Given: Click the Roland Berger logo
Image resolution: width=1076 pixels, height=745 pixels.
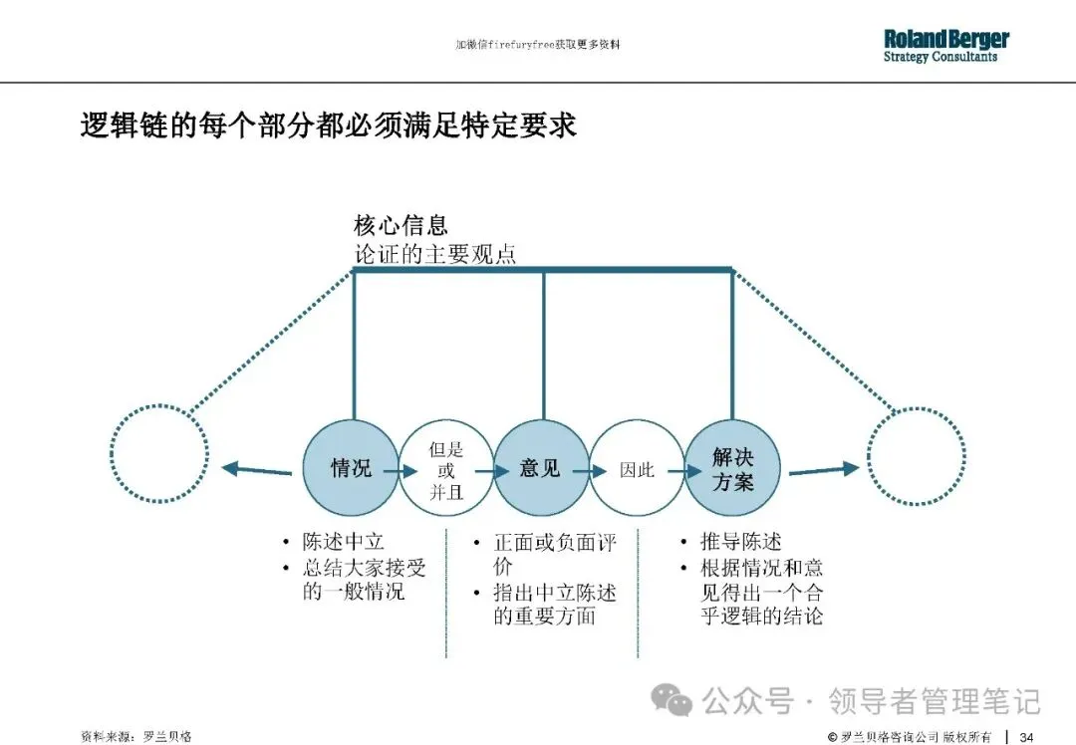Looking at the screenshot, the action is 945,45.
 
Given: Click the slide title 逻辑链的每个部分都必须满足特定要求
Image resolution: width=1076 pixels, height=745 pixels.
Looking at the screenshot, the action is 328,126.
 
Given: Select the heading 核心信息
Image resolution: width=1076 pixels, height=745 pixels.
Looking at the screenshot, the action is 401,225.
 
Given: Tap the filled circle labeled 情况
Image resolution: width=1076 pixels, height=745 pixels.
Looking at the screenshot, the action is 351,467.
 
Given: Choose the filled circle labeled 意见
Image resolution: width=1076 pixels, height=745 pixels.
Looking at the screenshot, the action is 541,467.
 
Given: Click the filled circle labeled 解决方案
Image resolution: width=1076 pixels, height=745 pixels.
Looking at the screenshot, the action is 732,468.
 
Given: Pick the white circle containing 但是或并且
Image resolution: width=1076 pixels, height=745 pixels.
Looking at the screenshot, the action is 445,468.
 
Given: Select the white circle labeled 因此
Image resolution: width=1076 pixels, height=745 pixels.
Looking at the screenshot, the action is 637,468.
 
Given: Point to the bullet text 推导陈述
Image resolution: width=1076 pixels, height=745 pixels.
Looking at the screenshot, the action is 740,543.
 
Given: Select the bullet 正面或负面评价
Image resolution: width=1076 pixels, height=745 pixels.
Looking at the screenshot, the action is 554,555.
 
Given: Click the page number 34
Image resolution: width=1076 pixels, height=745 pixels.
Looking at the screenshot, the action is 1026,736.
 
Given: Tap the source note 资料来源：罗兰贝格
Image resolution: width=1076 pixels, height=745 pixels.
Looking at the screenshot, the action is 136,736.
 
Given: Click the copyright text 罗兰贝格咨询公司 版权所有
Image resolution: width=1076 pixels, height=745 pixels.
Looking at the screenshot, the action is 916,736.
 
